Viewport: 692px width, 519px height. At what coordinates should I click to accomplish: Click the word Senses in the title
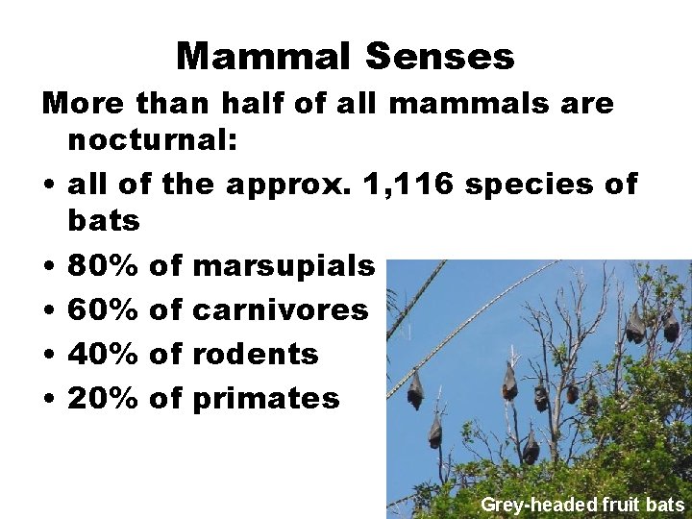pos(440,57)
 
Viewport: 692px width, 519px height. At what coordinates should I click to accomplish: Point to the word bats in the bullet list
pos(104,221)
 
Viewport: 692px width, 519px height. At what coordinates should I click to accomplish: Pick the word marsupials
pos(284,266)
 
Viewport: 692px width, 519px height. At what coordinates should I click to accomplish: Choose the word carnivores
pos(281,309)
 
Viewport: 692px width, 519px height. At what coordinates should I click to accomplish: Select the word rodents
pos(256,354)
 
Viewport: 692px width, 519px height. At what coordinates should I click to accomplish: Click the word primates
pos(266,399)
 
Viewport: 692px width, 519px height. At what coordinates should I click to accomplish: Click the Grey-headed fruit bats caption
pos(582,505)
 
